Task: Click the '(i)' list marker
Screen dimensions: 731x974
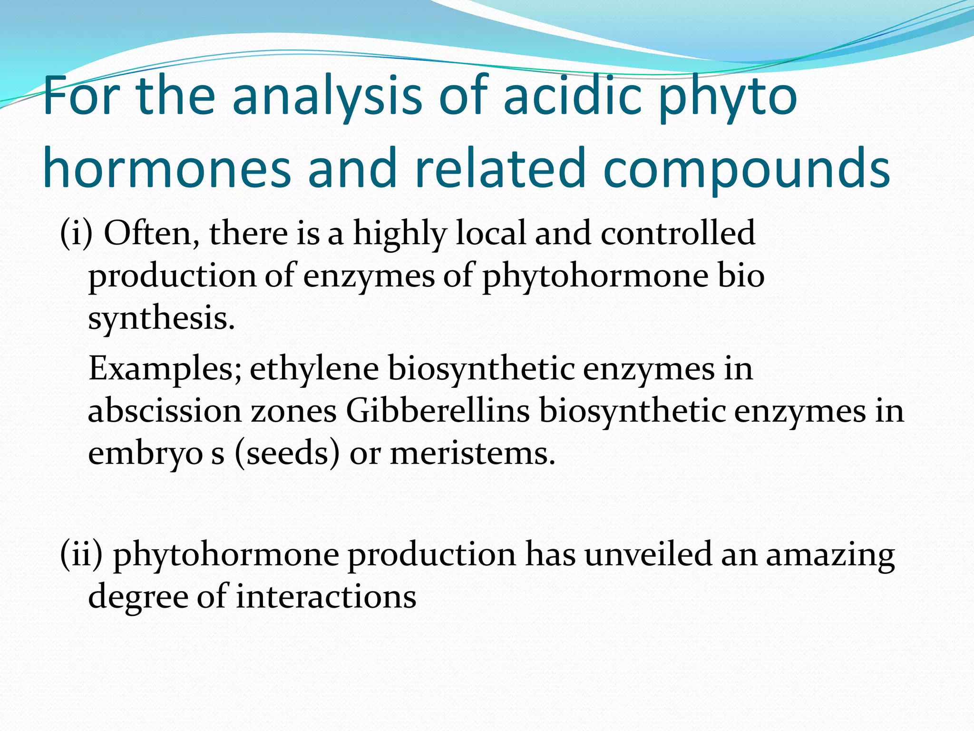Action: tap(76, 233)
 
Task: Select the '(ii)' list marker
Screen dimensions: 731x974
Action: tap(81, 554)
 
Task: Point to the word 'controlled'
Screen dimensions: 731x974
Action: tap(677, 233)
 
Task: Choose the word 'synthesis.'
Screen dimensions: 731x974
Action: tap(162, 318)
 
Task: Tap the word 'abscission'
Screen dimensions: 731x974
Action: tap(165, 411)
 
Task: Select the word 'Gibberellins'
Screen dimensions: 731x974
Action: tap(438, 411)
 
